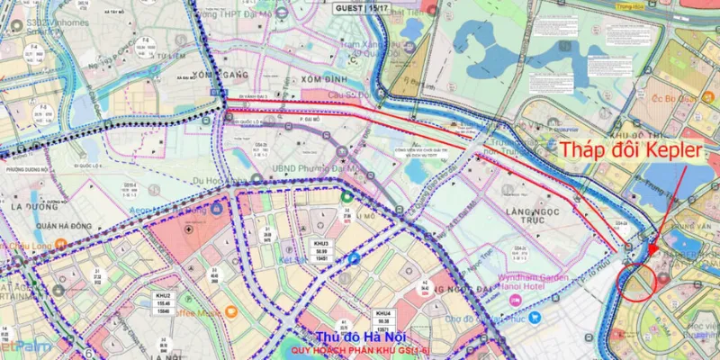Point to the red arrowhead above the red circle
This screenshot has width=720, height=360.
(x=651, y=241)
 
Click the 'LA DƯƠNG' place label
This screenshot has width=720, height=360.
(x=29, y=206)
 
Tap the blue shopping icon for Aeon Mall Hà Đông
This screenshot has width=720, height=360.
(x=218, y=209)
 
